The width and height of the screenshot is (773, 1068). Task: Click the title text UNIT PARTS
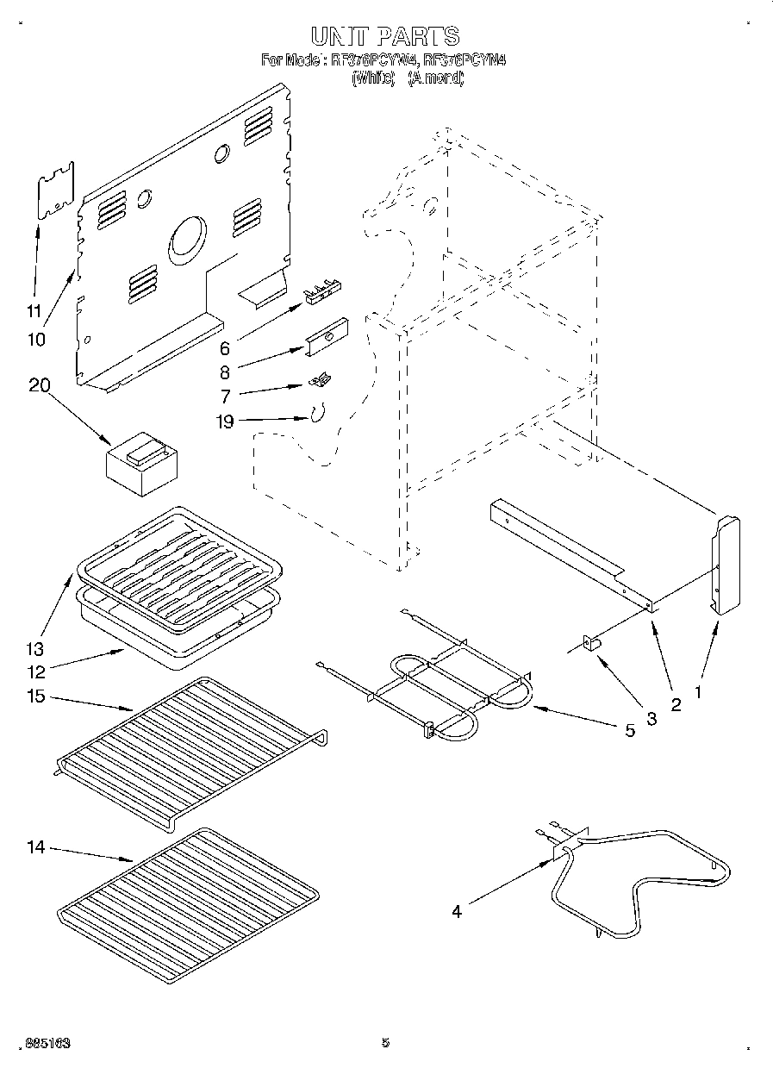[384, 35]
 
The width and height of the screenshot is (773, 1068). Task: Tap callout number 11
[34, 311]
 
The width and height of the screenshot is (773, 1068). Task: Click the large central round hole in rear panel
[188, 240]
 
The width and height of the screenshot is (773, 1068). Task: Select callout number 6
[224, 348]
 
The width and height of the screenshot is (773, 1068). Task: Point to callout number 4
[456, 911]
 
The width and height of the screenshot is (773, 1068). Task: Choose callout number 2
[676, 705]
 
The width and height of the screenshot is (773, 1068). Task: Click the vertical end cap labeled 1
[726, 565]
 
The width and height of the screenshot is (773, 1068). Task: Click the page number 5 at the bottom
[385, 1043]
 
